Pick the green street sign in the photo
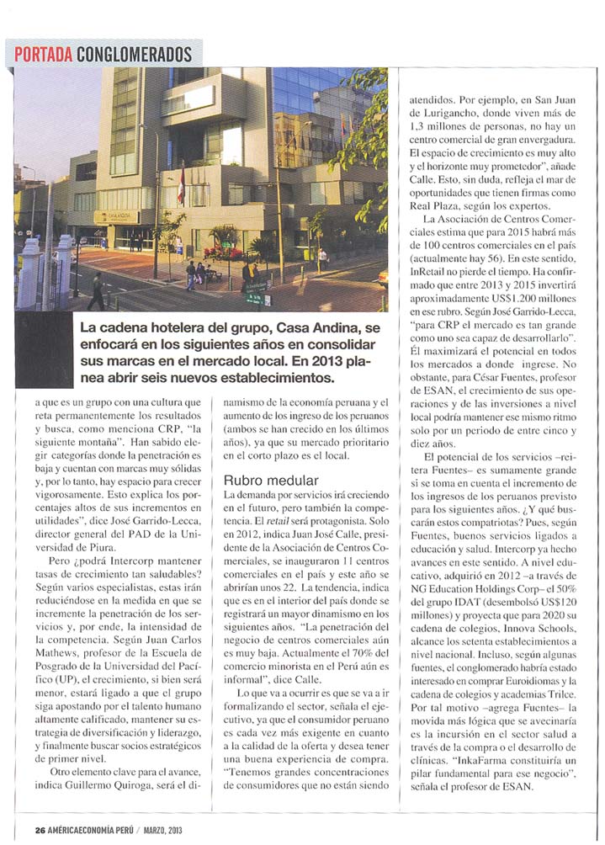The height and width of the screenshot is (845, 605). point(257,296)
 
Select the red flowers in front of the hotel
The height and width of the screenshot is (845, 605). point(222,252)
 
